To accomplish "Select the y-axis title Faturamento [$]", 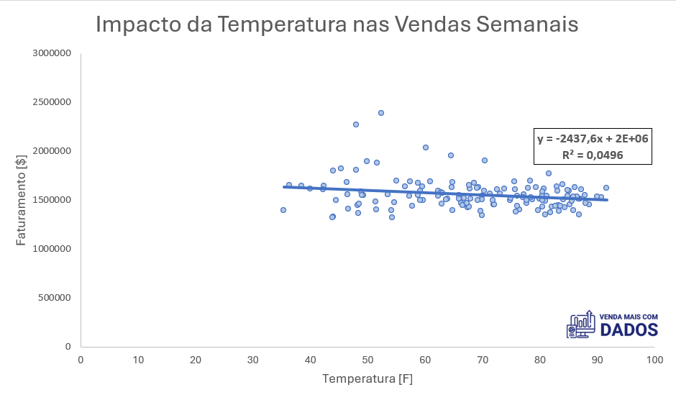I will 22,200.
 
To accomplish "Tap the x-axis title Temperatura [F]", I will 367,378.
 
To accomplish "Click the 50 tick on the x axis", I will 367,359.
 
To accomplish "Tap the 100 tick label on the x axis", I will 654,359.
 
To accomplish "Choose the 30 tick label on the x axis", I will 253,359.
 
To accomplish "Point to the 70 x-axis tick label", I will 482,359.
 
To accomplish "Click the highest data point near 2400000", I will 381,113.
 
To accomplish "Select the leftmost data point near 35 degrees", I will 283,210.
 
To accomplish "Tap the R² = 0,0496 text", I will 593,154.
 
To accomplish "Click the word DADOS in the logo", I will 629,330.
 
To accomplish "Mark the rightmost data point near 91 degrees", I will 606,188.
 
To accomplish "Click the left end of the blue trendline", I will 285,187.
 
